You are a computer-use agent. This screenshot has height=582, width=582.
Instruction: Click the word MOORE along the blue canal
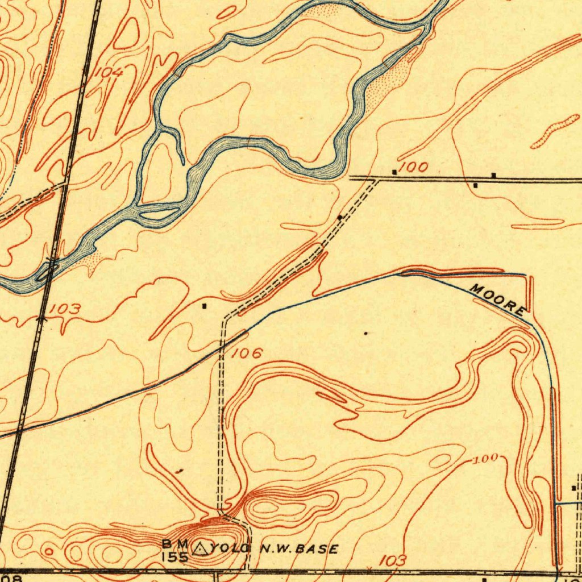[498, 300]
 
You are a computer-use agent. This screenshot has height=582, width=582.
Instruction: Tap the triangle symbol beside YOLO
[200, 548]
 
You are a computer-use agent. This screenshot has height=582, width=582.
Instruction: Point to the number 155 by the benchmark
[174, 557]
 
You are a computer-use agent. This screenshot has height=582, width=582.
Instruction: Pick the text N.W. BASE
[299, 549]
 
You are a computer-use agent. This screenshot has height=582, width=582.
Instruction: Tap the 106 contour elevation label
[247, 354]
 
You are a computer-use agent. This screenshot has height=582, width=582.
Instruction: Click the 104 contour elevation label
[108, 72]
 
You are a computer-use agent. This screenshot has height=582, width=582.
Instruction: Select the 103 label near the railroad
[64, 309]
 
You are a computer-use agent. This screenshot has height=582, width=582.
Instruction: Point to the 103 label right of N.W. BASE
[393, 560]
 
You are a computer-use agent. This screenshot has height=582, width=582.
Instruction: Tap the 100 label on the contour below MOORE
[487, 458]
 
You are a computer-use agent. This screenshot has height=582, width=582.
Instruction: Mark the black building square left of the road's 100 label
[394, 171]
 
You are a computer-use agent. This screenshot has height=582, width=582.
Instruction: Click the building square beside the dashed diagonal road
[340, 217]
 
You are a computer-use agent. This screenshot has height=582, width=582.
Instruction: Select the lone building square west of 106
[205, 306]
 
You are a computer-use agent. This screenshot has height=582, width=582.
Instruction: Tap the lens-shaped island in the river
[157, 214]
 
